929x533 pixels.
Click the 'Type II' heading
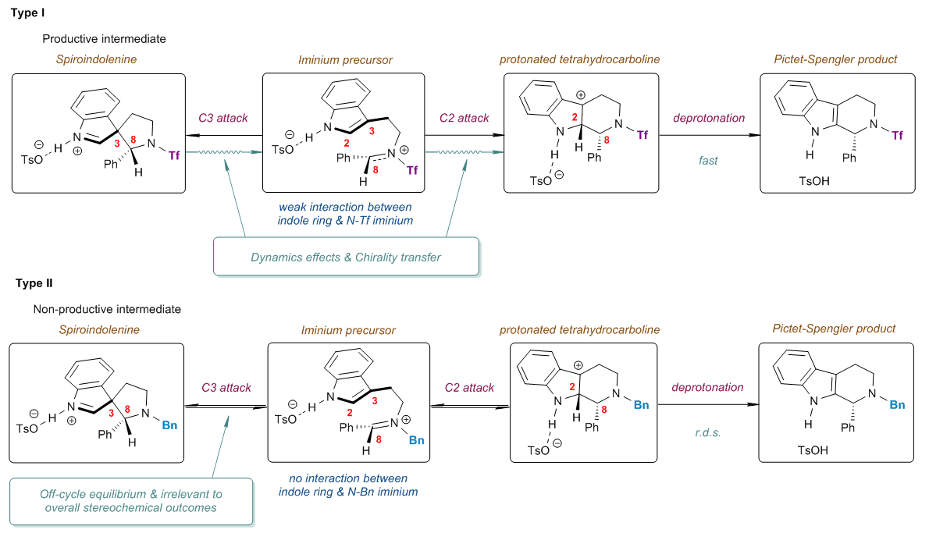[32, 283]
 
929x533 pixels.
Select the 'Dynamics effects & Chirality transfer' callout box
[345, 256]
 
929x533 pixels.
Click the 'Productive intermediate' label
[104, 38]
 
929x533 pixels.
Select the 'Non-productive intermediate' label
[107, 309]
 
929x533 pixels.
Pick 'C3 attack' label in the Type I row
[223, 119]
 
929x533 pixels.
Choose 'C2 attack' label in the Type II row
[470, 387]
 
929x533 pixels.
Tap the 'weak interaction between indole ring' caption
[344, 214]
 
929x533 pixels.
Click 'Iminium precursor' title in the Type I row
[345, 59]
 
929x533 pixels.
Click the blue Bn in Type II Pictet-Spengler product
[898, 405]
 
